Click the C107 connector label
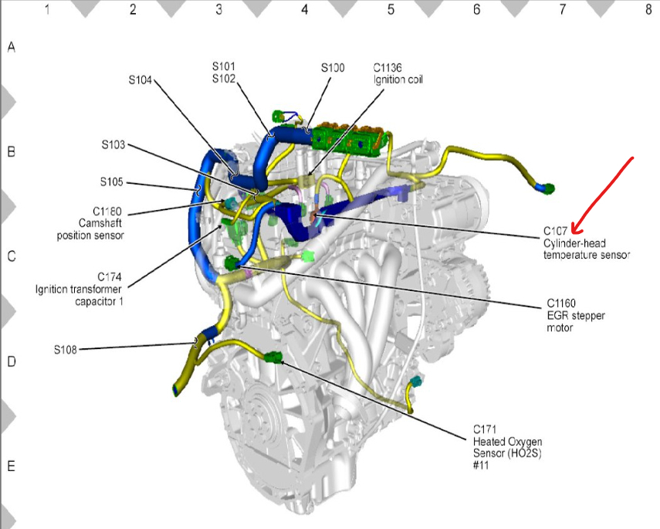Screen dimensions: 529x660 (x=556, y=229)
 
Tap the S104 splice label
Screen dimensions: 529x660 (x=140, y=78)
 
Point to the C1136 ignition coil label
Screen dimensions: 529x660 (x=387, y=68)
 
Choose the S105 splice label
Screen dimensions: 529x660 (x=111, y=183)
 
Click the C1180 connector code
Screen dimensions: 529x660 (x=108, y=211)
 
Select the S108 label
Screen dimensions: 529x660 (x=66, y=349)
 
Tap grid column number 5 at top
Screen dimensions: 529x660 (x=390, y=9)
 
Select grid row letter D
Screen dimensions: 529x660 (x=11, y=361)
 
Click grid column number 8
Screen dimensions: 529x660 (x=648, y=9)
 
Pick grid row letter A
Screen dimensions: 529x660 (x=11, y=47)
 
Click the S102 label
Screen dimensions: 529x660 (x=223, y=79)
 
